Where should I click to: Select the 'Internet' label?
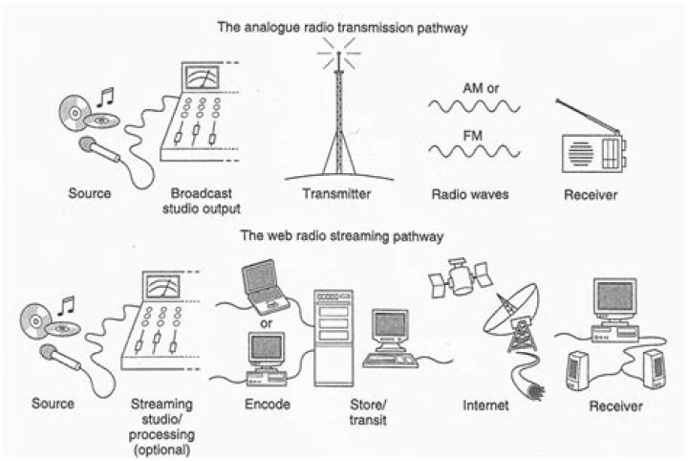[466, 406]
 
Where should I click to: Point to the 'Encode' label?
[267, 406]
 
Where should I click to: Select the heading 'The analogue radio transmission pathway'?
[343, 29]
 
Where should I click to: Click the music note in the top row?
[105, 98]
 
